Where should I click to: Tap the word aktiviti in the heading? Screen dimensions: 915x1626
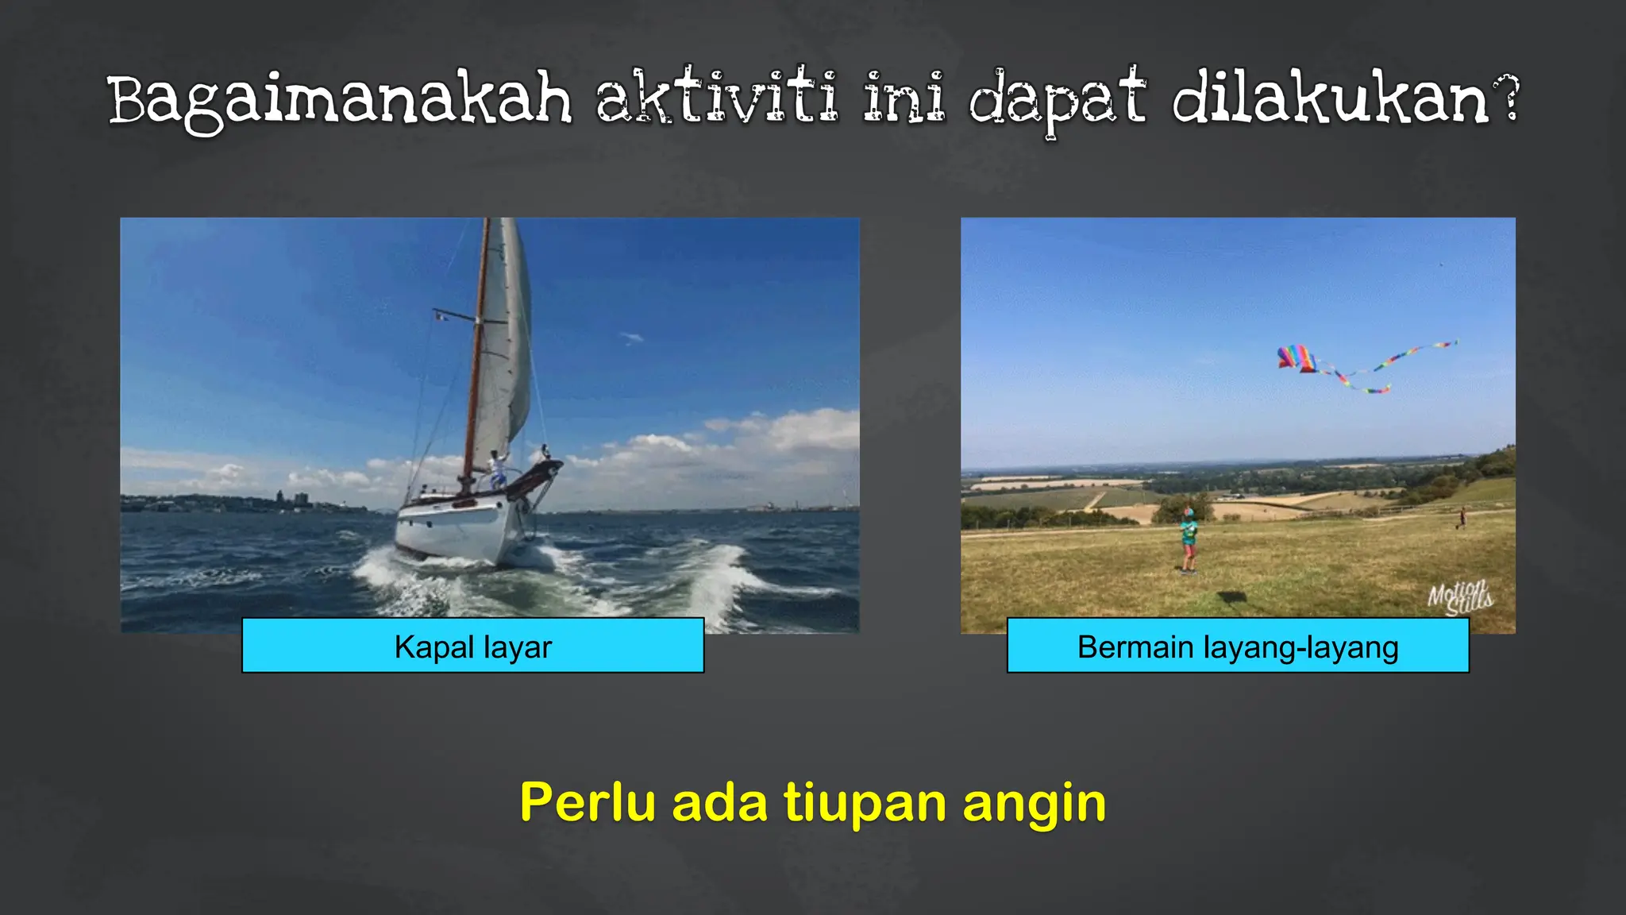point(716,98)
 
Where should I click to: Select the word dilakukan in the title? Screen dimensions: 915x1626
point(1330,98)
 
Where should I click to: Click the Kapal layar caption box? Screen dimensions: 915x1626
point(472,646)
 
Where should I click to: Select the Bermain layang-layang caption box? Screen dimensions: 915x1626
point(1237,646)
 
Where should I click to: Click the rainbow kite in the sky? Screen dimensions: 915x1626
point(1297,358)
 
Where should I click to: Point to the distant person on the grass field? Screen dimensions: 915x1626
point(1461,518)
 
